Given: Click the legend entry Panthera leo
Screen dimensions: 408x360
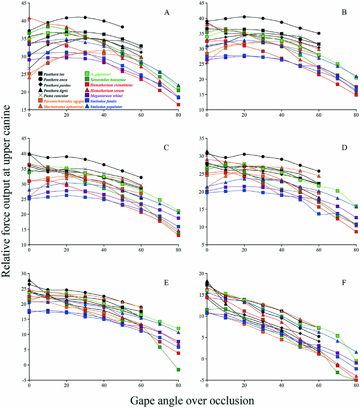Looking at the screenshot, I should pos(54,74).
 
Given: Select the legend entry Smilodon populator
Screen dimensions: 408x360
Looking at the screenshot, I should pos(106,107).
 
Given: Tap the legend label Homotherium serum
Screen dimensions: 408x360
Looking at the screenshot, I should pos(107,91).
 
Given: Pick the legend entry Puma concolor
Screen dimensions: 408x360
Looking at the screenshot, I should pos(56,96).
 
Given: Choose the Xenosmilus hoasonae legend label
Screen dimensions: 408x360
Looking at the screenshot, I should pos(108,79).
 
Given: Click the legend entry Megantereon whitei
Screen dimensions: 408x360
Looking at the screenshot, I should pos(106,96).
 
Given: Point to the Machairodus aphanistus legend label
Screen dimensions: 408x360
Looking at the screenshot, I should pos(64,107).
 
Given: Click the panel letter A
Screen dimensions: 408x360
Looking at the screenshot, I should pos(167,12).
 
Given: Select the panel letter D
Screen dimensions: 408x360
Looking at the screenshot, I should pos(344,147).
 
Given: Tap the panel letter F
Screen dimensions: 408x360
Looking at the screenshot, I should pos(344,282).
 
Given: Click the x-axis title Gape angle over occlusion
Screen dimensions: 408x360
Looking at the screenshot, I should pos(192,400).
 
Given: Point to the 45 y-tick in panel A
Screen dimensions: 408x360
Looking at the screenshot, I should pos(24,3).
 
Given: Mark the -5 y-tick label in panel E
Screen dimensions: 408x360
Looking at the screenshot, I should pos(24,380).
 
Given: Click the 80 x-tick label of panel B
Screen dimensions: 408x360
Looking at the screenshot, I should pos(356,115).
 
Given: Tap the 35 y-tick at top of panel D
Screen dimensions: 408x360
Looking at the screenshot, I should pos(201,139).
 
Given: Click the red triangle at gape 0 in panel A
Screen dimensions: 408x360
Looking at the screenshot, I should pos(29,18).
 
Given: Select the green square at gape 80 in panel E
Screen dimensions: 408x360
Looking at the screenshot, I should pos(178,369).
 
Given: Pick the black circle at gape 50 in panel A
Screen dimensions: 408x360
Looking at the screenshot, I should pos(123,27).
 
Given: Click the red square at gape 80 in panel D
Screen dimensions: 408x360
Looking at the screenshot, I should pos(356,231).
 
